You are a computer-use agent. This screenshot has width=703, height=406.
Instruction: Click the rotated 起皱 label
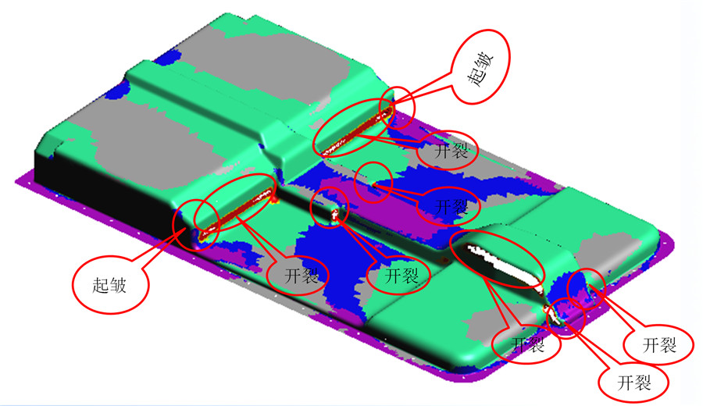point(481,69)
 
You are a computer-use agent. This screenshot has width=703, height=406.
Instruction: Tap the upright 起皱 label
point(109,285)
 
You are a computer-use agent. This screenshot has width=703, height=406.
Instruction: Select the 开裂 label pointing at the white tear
point(528,344)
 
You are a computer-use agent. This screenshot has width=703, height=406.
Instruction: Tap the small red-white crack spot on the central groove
point(335,215)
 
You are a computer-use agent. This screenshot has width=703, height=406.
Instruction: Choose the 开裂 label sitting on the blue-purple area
point(451,207)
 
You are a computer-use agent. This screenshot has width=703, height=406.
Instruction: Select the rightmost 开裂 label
point(659,345)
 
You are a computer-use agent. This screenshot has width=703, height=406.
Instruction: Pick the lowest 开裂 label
point(634,383)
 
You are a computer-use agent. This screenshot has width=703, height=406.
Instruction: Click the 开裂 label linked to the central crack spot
point(401,276)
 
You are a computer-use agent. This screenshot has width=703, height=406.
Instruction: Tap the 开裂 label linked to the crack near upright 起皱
point(302,275)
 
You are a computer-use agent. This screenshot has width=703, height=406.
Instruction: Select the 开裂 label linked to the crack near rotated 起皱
point(451,151)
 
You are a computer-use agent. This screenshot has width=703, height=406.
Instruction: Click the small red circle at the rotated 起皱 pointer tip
point(398,108)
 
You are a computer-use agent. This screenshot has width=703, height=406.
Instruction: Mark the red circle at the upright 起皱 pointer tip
point(196,225)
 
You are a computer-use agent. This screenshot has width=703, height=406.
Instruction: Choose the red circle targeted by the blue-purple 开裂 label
point(373,182)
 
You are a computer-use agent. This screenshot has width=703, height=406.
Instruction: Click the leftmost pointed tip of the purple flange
point(16,180)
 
